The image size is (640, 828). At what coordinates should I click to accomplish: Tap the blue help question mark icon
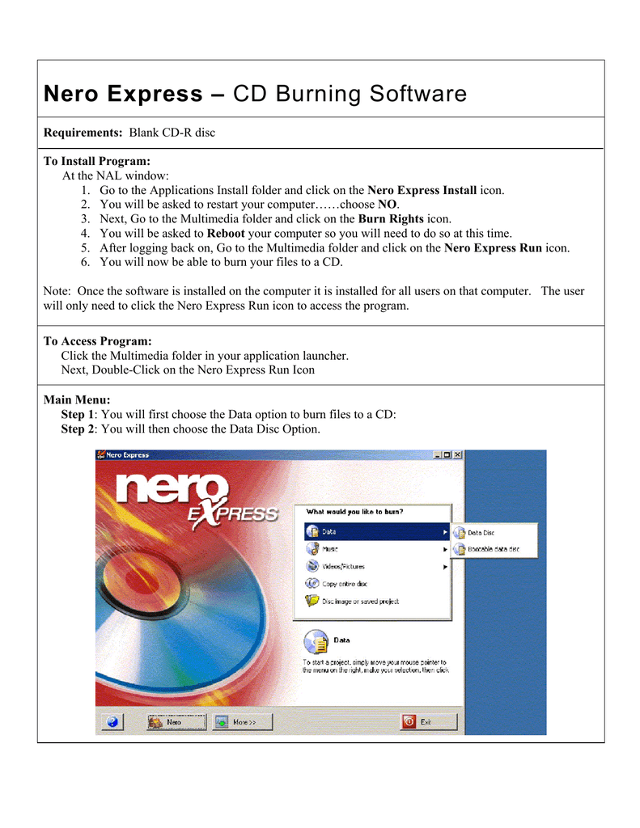(112, 721)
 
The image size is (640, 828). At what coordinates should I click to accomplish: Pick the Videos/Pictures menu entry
(343, 567)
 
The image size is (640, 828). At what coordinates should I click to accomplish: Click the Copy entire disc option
(344, 584)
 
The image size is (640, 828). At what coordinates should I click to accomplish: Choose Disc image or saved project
(360, 601)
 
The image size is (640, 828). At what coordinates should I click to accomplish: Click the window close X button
(457, 455)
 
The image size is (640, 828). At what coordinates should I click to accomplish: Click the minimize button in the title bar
(436, 455)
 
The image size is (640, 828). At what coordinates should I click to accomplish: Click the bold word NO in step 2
(387, 205)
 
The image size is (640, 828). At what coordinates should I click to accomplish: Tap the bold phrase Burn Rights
(391, 219)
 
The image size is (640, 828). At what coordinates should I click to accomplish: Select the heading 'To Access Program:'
(97, 341)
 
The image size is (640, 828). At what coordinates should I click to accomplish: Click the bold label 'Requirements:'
(83, 133)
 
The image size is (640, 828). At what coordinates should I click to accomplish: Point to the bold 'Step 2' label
(77, 429)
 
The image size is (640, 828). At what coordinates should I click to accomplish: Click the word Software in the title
(418, 95)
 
